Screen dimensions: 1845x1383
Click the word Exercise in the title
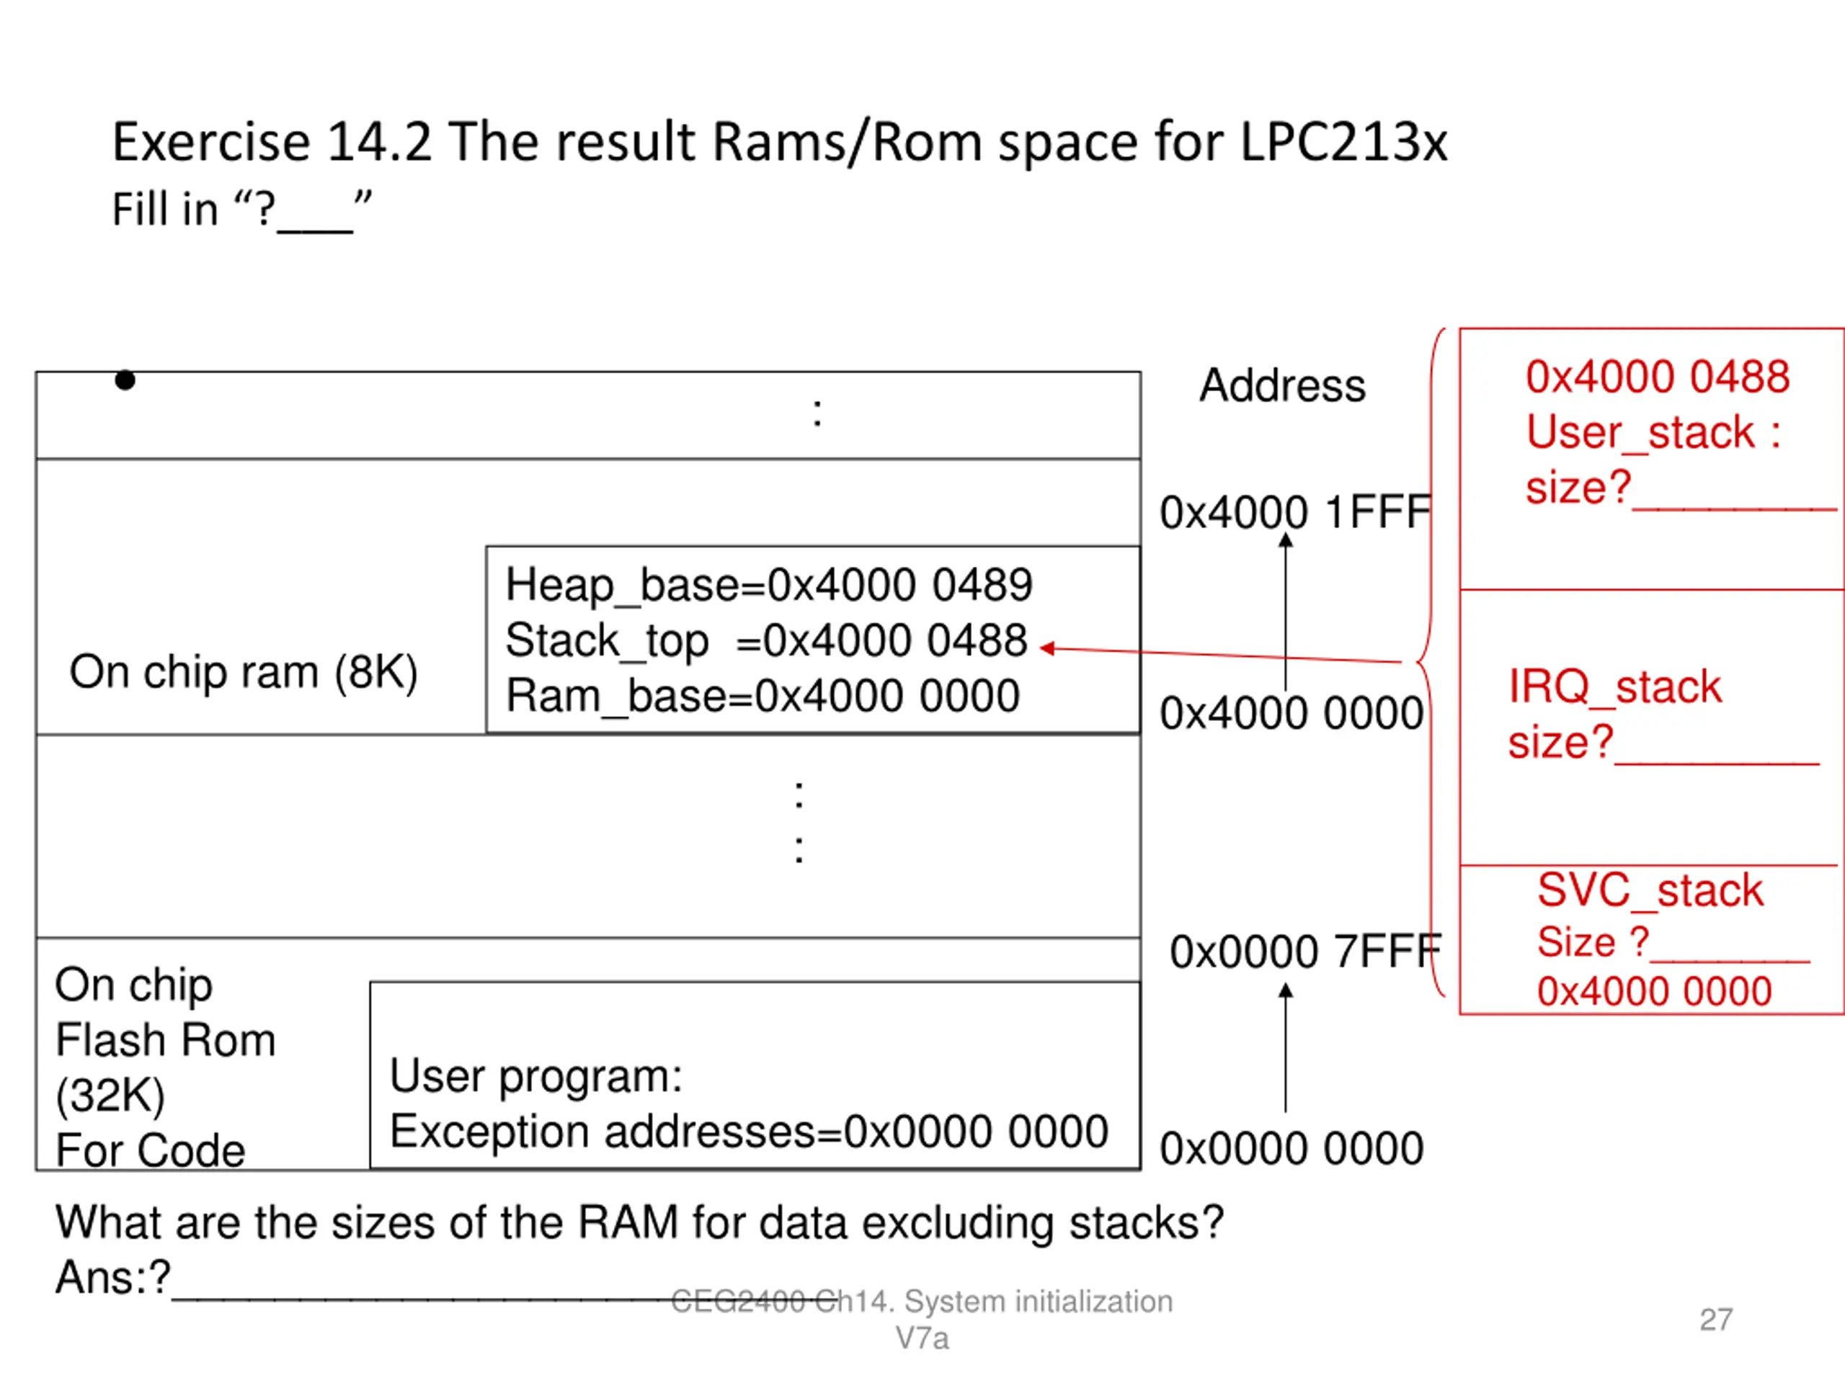212,142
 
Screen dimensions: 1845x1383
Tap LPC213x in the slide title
1343,142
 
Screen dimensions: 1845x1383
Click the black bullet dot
125,380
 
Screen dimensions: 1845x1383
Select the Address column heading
1282,385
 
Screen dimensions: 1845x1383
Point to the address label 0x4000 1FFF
1295,512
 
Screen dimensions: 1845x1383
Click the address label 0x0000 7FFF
1305,952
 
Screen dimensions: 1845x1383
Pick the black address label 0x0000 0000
1291,1148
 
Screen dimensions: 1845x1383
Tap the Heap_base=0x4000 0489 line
769,585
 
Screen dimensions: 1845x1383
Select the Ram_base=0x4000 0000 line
763,696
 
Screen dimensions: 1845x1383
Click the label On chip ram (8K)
244,672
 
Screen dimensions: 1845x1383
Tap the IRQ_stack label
1615,687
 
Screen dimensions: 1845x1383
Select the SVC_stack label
1650,890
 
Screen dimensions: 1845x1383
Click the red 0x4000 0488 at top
1658,377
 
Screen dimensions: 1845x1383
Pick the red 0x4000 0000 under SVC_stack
1654,992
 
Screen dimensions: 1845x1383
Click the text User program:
535,1076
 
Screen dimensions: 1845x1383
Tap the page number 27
1716,1320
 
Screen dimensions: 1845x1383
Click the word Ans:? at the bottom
112,1277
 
